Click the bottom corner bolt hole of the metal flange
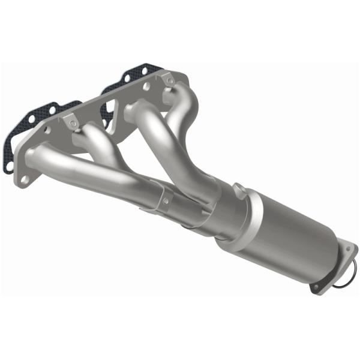coord(23,178)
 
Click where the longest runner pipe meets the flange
coord(37,157)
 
